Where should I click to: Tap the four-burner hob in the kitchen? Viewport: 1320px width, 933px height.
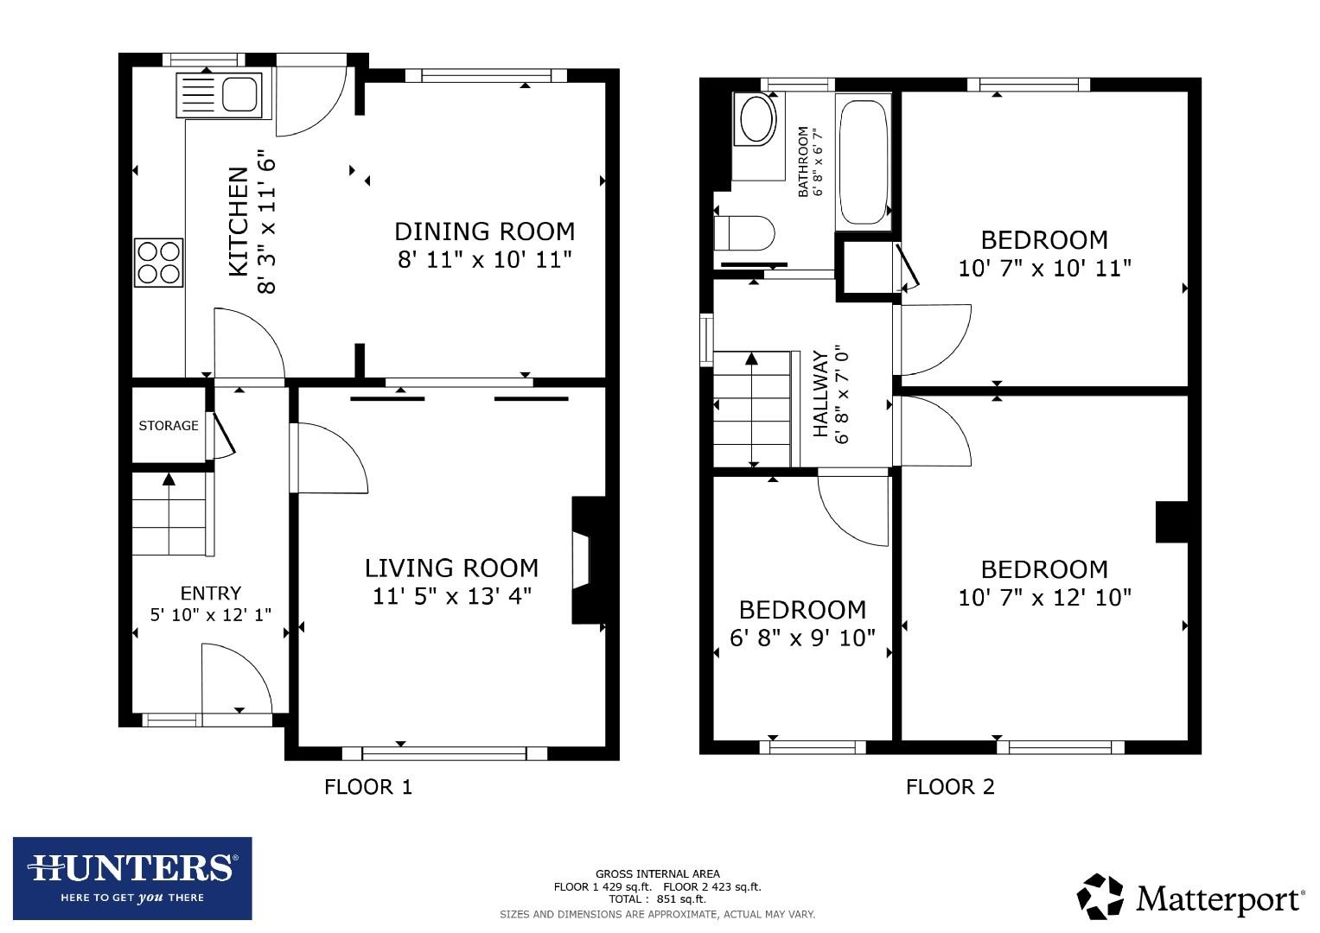(159, 262)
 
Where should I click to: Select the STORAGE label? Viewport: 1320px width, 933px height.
(169, 425)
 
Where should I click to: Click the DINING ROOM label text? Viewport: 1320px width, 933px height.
(484, 232)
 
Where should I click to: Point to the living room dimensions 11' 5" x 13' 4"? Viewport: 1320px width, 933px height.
(451, 596)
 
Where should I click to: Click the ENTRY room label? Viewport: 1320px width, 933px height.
(210, 593)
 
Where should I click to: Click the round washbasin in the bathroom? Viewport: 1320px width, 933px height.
(758, 119)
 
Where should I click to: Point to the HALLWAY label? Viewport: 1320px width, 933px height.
(820, 394)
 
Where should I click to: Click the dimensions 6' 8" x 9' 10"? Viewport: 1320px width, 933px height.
(802, 638)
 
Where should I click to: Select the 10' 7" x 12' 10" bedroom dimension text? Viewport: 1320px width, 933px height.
(1044, 597)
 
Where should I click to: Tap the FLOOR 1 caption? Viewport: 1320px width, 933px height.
(368, 786)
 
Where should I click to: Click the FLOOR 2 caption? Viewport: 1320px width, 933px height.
(950, 786)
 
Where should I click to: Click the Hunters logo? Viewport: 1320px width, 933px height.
(132, 877)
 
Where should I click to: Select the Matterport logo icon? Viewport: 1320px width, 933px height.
(1100, 896)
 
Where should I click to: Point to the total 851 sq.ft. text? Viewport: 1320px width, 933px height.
(657, 898)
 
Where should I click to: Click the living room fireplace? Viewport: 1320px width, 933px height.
(584, 560)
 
